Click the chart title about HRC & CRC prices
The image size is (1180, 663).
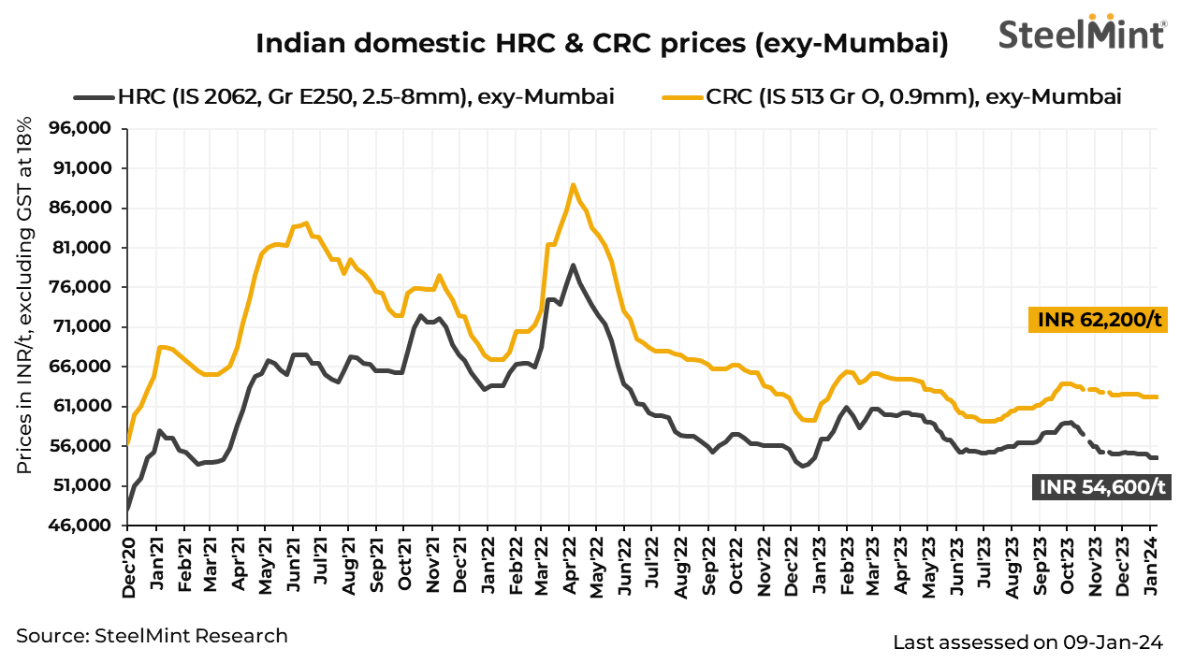pyautogui.click(x=602, y=43)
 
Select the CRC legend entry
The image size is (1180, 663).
pyautogui.click(x=892, y=96)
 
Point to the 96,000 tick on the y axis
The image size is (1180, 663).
pyautogui.click(x=85, y=129)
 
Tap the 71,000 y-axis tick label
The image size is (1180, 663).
pyautogui.click(x=85, y=327)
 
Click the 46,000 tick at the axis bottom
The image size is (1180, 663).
pyautogui.click(x=85, y=526)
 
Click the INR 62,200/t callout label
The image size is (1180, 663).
pyautogui.click(x=1100, y=321)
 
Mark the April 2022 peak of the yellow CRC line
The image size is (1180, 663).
pyautogui.click(x=573, y=184)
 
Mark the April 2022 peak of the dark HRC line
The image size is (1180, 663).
pyautogui.click(x=573, y=265)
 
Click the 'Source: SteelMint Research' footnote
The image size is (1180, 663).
pyautogui.click(x=153, y=636)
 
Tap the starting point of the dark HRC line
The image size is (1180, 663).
pyautogui.click(x=128, y=511)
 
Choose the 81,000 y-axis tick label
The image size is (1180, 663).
pyautogui.click(x=85, y=248)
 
